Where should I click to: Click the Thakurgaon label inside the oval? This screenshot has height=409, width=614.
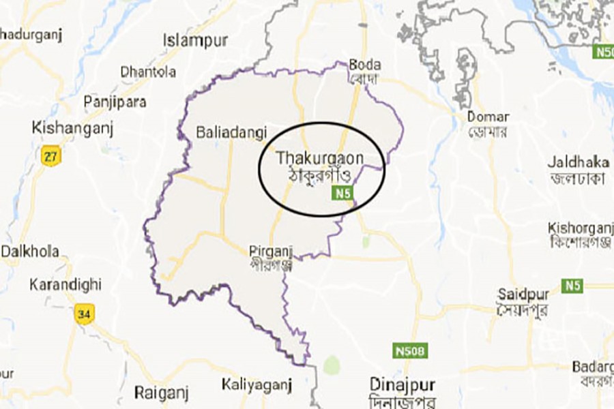tap(319, 157)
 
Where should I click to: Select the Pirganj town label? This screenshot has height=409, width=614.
tap(271, 252)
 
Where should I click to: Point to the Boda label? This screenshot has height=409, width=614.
tap(364, 65)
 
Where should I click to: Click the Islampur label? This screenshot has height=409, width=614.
tap(195, 41)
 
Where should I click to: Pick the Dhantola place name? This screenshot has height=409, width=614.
tap(148, 71)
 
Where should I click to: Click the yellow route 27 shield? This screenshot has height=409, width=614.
tap(50, 155)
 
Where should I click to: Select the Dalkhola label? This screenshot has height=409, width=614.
tap(29, 250)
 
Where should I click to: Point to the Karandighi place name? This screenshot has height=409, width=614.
tap(65, 284)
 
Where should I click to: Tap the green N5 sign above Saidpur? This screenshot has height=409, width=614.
tap(573, 286)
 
